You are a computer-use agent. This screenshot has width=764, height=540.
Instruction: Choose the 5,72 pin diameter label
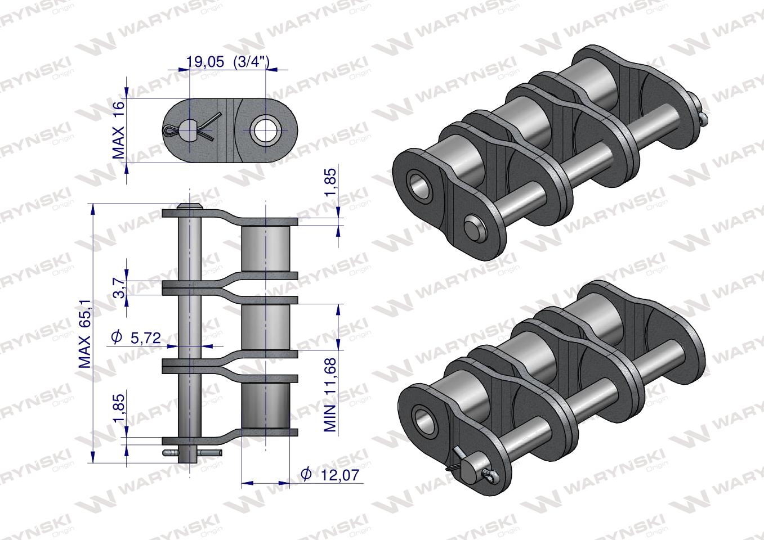(x=145, y=338)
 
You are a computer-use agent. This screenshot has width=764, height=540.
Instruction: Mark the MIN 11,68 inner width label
(x=330, y=394)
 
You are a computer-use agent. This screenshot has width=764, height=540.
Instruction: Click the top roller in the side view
(x=265, y=247)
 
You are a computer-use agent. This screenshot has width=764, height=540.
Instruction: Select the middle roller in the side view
(x=265, y=327)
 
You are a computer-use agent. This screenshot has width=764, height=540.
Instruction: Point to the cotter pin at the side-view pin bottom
(x=191, y=452)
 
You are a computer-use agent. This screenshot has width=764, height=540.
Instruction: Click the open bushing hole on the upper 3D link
(x=419, y=185)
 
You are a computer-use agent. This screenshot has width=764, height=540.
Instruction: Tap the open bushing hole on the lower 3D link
(x=423, y=418)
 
